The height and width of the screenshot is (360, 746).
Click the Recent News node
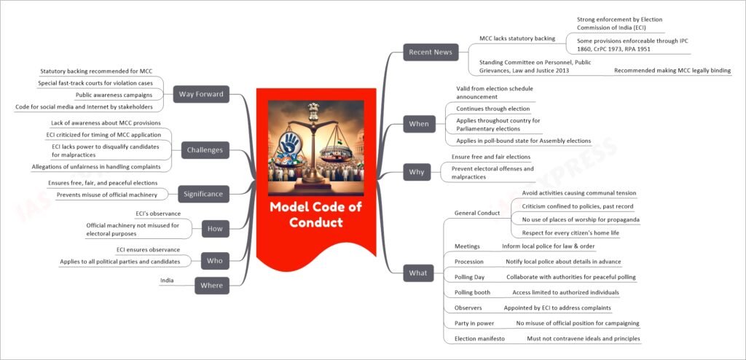[x=429, y=52]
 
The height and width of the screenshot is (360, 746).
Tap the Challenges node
[x=205, y=150]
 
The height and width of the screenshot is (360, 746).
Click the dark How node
[x=214, y=228]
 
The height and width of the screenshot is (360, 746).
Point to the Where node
[x=211, y=286]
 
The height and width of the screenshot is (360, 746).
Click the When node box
[x=419, y=124]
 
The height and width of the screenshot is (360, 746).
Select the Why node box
[x=416, y=173]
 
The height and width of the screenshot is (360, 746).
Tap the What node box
[x=418, y=273]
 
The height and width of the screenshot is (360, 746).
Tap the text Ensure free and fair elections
[x=490, y=157]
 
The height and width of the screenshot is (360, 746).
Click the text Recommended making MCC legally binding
[x=672, y=71]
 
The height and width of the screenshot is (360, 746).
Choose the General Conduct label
[x=477, y=214]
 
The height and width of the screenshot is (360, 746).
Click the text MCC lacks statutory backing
[x=517, y=38]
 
